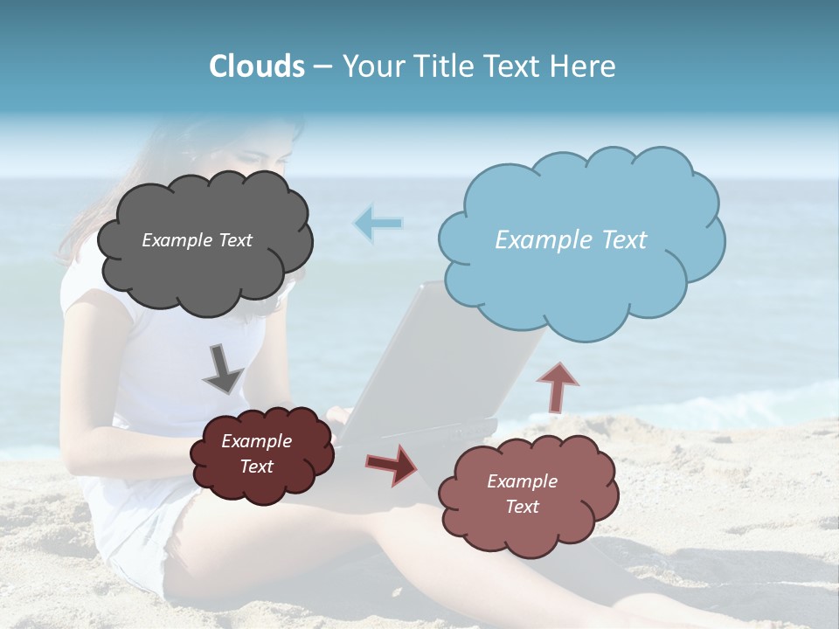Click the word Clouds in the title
(x=256, y=66)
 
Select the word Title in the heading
(x=446, y=66)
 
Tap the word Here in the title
(x=583, y=66)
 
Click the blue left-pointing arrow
(x=378, y=223)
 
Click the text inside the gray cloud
(x=197, y=240)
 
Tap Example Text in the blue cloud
(x=571, y=240)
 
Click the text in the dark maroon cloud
(x=256, y=454)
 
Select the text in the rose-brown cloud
(x=522, y=494)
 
